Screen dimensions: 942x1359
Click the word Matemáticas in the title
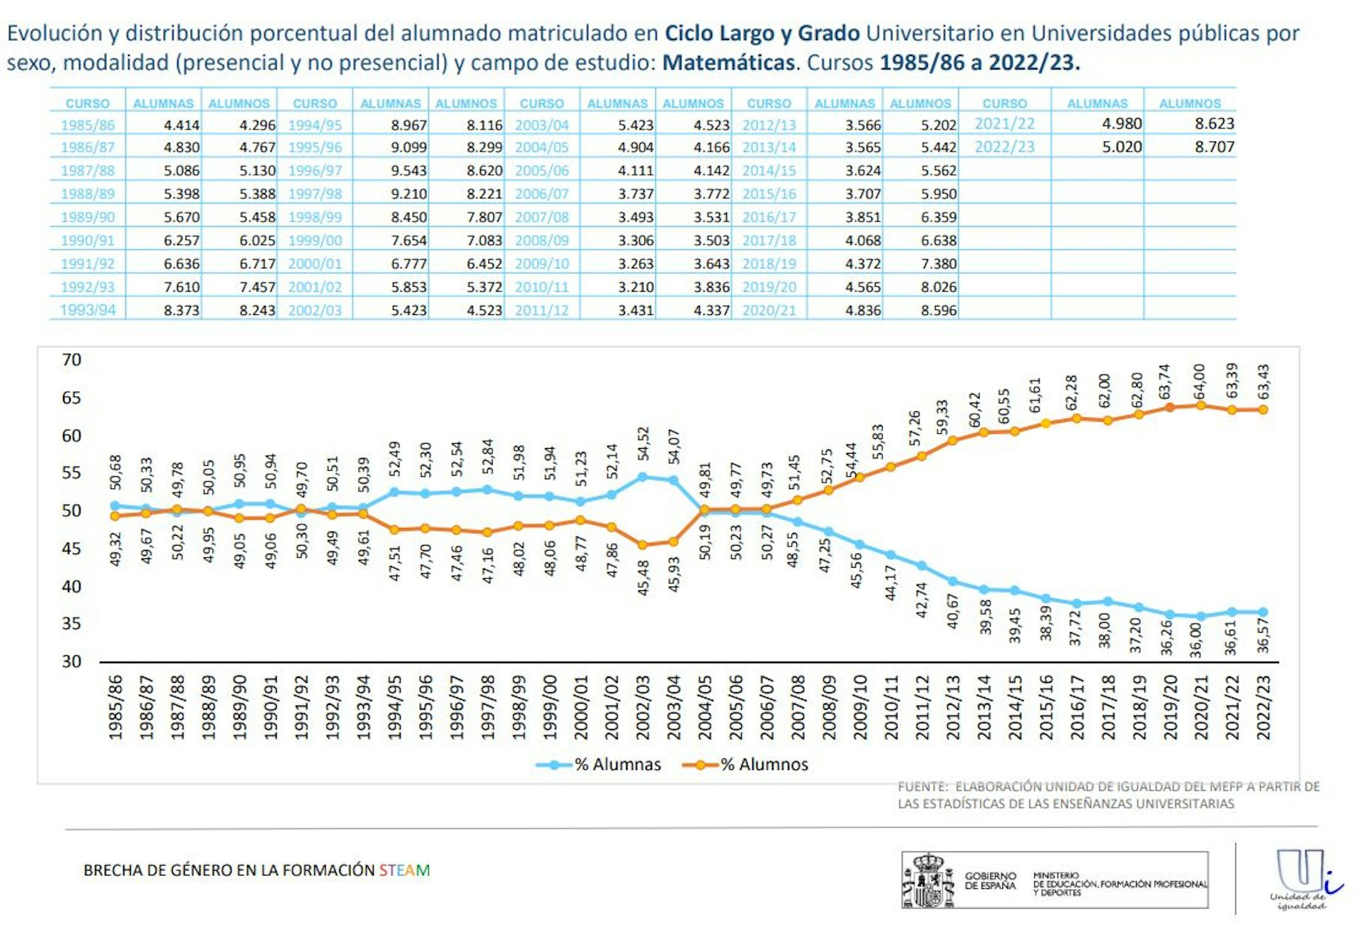pos(728,63)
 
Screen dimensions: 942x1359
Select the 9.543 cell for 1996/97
pos(408,171)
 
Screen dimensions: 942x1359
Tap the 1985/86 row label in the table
pos(87,125)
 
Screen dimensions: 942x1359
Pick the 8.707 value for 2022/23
pos(1214,147)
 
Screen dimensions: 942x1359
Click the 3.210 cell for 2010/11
pos(636,287)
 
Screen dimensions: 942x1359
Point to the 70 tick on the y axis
pos(71,360)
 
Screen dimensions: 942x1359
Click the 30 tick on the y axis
pos(71,661)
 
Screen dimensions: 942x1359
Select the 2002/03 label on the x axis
pos(643,707)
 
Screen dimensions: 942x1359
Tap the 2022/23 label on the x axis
pos(1263,707)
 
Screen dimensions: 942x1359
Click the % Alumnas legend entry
pos(599,764)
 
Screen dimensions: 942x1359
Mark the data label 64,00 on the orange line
pos(1199,382)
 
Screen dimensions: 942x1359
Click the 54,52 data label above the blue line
pos(643,444)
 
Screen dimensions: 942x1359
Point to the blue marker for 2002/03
pos(643,477)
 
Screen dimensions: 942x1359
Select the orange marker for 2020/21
pos(1200,406)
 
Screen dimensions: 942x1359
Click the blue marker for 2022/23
pos(1263,612)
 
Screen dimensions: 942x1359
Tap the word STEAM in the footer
pos(404,870)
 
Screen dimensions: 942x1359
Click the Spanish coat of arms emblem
pos(928,880)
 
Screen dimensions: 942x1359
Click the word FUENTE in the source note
pos(922,786)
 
